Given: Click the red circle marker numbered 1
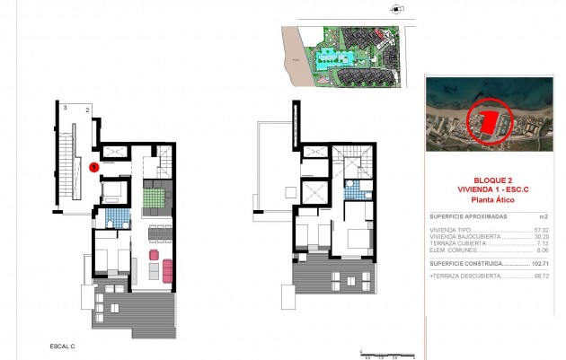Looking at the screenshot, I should (95, 166).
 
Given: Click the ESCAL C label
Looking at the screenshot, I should (61, 345).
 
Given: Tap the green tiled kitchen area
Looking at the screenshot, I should (150, 194).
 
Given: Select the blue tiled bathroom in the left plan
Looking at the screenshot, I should (114, 217).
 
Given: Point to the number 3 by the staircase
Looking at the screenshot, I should (65, 107).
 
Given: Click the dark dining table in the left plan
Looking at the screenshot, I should (157, 233).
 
